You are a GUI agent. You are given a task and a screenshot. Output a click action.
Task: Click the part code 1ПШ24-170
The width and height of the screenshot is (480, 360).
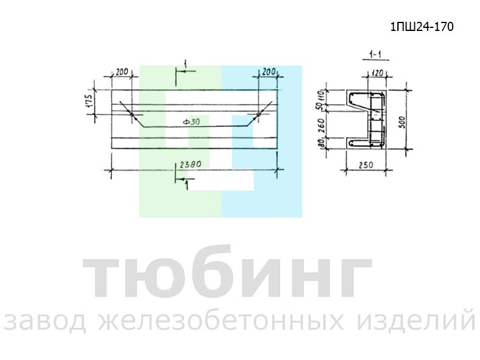pyautogui.click(x=422, y=27)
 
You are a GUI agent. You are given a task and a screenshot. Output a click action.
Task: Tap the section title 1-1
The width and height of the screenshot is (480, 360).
pyautogui.click(x=375, y=55)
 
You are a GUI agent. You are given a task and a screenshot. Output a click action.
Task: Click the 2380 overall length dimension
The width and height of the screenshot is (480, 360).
pyautogui.click(x=190, y=165)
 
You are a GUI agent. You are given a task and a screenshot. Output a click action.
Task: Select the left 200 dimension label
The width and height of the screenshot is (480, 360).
pyautogui.click(x=122, y=72)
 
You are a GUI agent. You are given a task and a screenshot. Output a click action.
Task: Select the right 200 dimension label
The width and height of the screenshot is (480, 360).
pyautogui.click(x=269, y=72)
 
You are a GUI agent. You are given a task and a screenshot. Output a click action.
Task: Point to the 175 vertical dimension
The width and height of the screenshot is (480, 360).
pyautogui.click(x=89, y=100)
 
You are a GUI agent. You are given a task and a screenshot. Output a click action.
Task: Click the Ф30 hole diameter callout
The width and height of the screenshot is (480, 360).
pyautogui.click(x=191, y=122)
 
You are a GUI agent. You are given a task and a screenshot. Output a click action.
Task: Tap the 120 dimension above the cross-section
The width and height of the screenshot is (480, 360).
pyautogui.click(x=377, y=73)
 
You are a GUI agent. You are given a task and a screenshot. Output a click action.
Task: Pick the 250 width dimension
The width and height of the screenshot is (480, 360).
pyautogui.click(x=366, y=165)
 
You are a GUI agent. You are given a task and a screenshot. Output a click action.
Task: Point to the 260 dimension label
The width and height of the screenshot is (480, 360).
pyautogui.click(x=321, y=125)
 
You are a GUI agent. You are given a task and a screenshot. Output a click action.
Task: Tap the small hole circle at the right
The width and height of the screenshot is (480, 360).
pyautogui.click(x=258, y=114)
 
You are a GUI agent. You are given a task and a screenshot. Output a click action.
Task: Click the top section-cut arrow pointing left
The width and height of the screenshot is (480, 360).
pyautogui.click(x=186, y=71)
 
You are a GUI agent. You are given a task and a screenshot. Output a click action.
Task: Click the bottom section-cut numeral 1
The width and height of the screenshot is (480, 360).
pyautogui.click(x=187, y=185)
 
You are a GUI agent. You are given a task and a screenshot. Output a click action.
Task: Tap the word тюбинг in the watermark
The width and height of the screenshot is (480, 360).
pyautogui.click(x=227, y=272)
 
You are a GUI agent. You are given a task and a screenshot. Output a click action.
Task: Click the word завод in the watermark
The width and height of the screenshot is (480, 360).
pyautogui.click(x=46, y=322)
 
